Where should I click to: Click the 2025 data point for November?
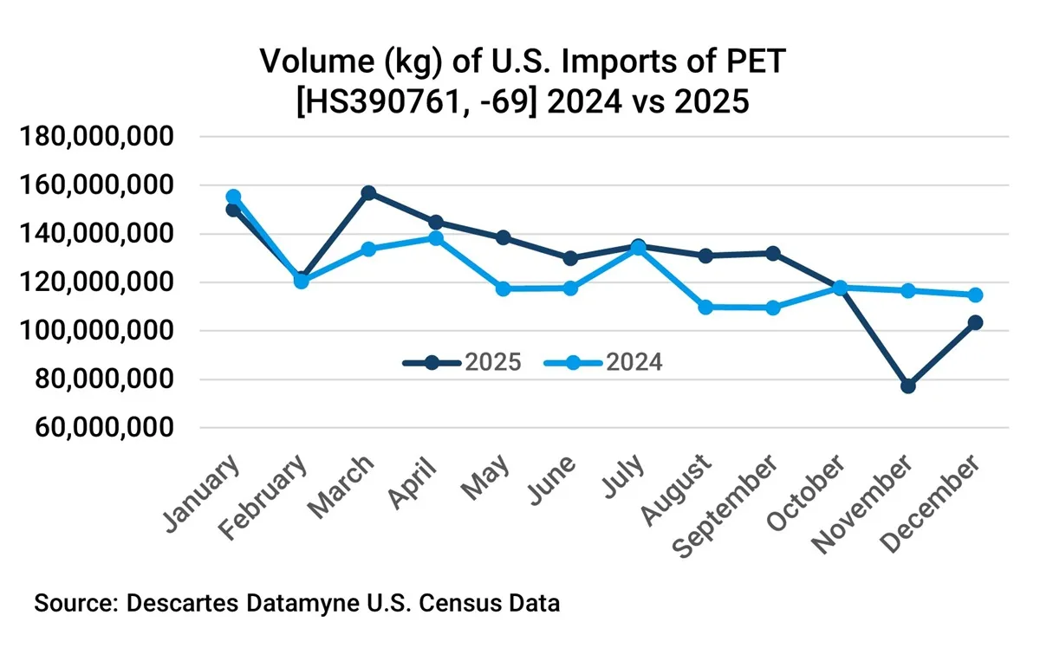(907, 386)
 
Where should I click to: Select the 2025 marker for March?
(368, 192)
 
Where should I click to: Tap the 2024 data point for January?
(233, 197)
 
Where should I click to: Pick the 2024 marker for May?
(503, 288)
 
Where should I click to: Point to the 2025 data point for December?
(975, 322)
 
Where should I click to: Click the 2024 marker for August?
(705, 307)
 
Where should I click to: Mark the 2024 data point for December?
(975, 295)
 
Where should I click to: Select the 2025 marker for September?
(773, 253)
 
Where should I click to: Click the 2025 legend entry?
(462, 362)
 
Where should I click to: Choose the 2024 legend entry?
(604, 362)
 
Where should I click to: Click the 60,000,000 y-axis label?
(102, 428)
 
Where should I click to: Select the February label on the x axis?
(273, 499)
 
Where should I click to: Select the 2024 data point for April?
(436, 237)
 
